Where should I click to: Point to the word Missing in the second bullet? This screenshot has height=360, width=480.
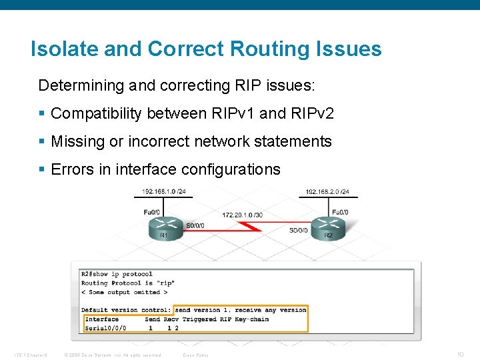(x=75, y=142)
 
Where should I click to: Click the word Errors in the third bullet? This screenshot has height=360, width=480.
(x=71, y=170)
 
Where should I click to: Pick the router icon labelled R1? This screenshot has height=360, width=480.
(x=164, y=225)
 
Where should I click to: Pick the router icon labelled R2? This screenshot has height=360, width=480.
(x=327, y=225)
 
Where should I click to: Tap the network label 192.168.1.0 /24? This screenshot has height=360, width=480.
(x=163, y=192)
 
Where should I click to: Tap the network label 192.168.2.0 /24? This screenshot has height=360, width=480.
(x=327, y=192)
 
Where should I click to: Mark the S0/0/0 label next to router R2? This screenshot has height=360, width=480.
(x=299, y=231)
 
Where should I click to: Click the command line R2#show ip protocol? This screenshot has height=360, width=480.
(x=117, y=274)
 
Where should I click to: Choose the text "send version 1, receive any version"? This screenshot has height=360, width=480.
(x=241, y=310)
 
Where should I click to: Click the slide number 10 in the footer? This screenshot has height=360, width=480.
(x=460, y=354)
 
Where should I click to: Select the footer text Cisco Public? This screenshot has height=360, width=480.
(x=195, y=355)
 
